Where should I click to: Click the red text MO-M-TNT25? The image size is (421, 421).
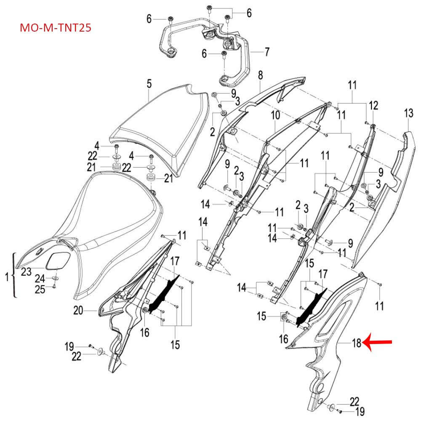(56, 28)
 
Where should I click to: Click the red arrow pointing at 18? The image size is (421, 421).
(378, 343)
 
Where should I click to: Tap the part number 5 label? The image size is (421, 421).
(149, 84)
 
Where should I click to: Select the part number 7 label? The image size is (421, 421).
(266, 53)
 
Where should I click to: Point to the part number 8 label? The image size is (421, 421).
(260, 75)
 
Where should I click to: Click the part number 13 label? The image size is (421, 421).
(408, 113)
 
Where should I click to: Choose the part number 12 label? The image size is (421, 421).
(373, 105)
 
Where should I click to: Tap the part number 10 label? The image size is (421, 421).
(275, 115)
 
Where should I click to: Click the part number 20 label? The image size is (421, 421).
(78, 311)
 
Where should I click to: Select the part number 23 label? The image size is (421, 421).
(26, 272)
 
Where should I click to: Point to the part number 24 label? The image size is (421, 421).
(40, 278)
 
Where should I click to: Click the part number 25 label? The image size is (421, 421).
(40, 289)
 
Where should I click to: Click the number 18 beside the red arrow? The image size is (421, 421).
(357, 343)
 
